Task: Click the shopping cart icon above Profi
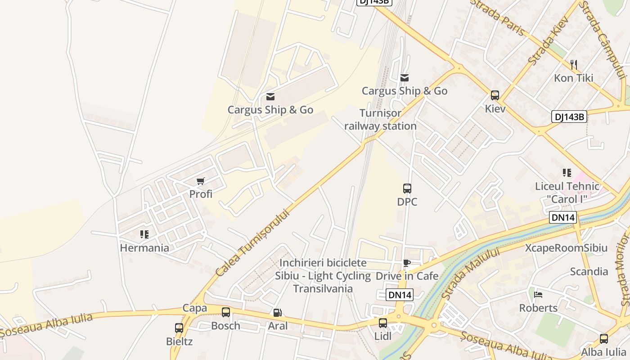[200, 181]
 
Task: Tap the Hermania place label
[144, 248]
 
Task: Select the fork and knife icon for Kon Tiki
[573, 65]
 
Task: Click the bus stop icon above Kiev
[495, 95]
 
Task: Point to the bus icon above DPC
[407, 189]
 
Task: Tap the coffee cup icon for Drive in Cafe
[407, 263]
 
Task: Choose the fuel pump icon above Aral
[278, 313]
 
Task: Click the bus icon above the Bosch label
[226, 312]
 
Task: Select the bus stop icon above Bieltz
[179, 328]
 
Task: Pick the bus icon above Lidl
[383, 323]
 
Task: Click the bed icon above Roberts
[538, 295]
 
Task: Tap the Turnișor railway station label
[380, 120]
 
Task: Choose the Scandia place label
[589, 272]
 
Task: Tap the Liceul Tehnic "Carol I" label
[567, 193]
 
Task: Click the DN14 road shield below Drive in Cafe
[400, 295]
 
